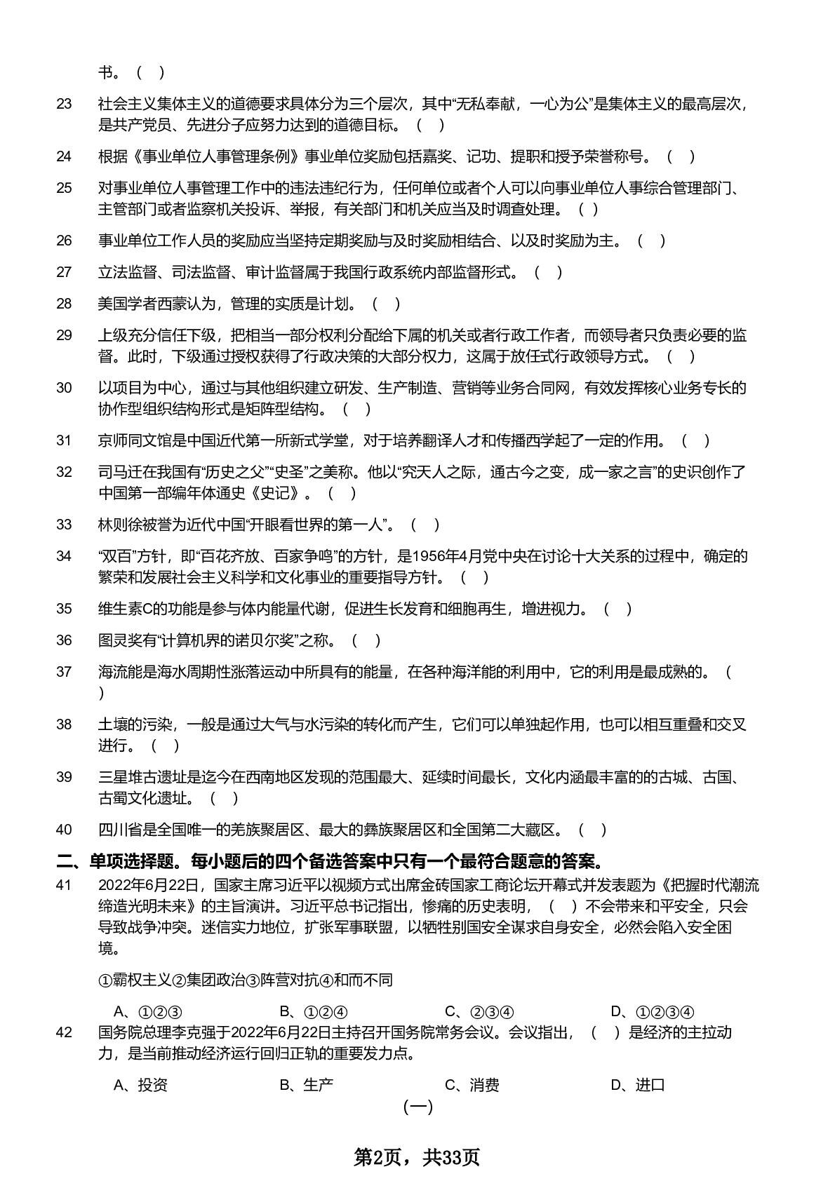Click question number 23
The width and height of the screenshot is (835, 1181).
(64, 104)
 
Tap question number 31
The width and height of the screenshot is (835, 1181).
(64, 440)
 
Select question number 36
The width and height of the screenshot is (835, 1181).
(64, 640)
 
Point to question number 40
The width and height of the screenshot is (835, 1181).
(64, 830)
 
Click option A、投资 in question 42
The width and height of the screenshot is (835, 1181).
(140, 1085)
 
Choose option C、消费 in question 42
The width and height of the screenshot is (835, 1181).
(472, 1085)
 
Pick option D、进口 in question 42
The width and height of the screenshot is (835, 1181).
(638, 1085)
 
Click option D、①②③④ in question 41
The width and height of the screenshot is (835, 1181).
(653, 1011)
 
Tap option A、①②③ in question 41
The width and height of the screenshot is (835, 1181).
(148, 1011)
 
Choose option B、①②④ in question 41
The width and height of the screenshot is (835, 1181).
(314, 1011)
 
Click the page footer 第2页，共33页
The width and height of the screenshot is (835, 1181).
(417, 1157)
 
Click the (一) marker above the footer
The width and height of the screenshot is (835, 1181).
(418, 1107)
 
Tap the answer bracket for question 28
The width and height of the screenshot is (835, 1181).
(387, 304)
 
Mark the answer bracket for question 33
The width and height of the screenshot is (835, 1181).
(425, 525)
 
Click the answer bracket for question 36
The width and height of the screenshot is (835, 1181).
(366, 640)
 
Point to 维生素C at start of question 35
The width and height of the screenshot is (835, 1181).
(130, 609)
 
